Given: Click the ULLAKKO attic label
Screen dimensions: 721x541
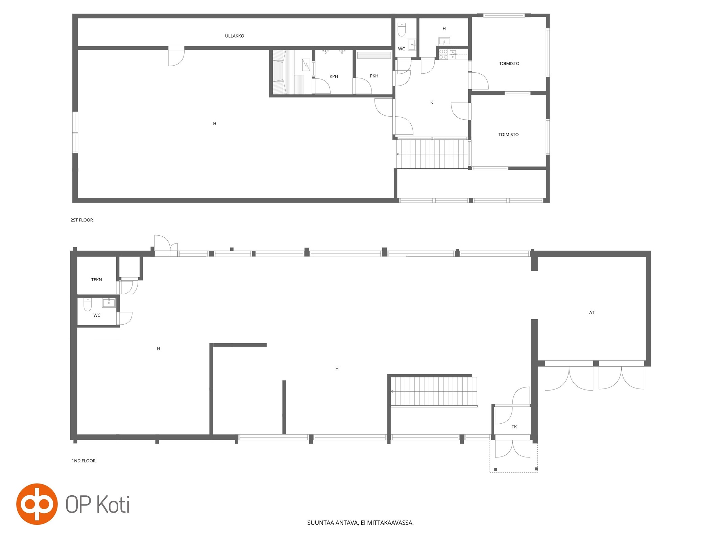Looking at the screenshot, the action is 235,36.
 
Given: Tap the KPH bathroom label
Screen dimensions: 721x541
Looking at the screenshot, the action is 334,76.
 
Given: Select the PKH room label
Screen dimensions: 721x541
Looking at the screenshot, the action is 374,76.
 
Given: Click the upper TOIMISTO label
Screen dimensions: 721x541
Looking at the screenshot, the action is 509,64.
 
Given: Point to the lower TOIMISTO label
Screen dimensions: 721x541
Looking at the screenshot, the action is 508,135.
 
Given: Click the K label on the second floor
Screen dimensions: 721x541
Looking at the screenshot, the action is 432,102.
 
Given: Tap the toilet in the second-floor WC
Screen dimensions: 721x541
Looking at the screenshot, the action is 402,29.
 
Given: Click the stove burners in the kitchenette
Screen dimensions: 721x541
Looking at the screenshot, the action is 443,54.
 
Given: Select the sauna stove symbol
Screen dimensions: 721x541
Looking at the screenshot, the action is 306,65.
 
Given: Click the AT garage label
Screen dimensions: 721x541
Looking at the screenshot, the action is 592,313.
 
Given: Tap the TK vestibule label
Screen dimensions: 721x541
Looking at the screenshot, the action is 514,427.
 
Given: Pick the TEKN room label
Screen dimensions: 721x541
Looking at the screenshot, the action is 97,280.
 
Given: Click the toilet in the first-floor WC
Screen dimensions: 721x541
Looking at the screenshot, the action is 88,304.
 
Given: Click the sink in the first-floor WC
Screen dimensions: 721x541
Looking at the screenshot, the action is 109,303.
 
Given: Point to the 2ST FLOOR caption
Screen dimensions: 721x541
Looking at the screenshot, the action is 82,220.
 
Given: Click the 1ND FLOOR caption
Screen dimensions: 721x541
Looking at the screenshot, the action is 83,461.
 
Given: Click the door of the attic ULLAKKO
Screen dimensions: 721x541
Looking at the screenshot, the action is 176,56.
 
